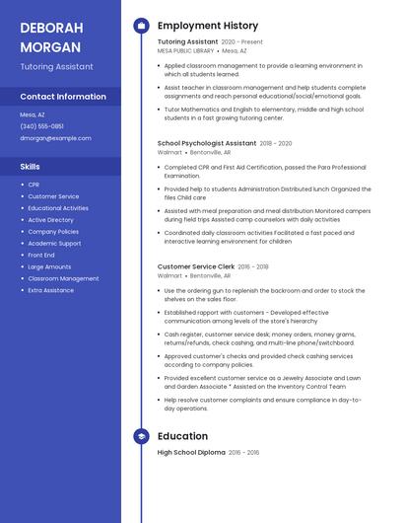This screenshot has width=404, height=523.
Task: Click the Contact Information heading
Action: [63, 97]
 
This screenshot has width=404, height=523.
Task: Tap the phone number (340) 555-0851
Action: [41, 126]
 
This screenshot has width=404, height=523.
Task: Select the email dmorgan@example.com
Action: [55, 138]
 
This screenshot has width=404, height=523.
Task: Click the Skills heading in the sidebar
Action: [31, 167]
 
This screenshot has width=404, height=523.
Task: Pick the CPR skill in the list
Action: [34, 185]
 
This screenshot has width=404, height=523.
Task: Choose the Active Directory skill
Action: [50, 220]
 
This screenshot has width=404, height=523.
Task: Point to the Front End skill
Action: [41, 255]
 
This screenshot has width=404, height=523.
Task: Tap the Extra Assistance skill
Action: [50, 290]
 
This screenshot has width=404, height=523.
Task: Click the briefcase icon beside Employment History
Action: [141, 26]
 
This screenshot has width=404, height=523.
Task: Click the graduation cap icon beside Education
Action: [141, 436]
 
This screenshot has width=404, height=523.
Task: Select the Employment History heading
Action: [207, 26]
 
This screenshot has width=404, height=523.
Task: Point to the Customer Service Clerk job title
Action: [196, 266]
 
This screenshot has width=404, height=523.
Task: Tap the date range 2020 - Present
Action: [242, 42]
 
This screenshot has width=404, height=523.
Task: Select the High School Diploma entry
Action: [191, 452]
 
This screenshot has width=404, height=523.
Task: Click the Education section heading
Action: [182, 436]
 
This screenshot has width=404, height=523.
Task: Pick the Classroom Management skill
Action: [63, 278]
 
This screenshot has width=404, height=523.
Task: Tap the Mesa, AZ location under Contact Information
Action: [33, 114]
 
